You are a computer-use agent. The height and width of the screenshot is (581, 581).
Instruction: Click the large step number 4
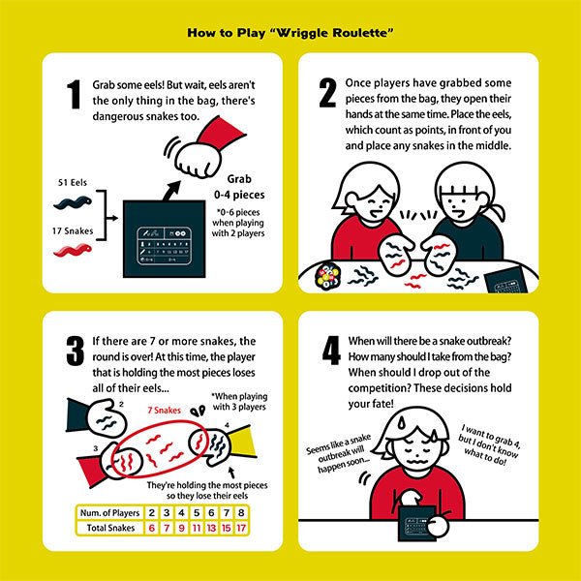click(327, 353)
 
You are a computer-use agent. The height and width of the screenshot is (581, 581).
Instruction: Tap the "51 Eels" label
click(75, 180)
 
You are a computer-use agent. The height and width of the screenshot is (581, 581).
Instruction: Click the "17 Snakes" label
click(75, 230)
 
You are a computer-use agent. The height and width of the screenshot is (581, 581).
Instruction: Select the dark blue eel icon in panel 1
click(74, 201)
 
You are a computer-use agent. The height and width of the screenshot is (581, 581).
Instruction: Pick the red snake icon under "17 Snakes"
click(74, 252)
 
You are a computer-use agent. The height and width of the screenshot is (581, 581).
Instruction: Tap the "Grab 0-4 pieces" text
click(245, 187)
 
